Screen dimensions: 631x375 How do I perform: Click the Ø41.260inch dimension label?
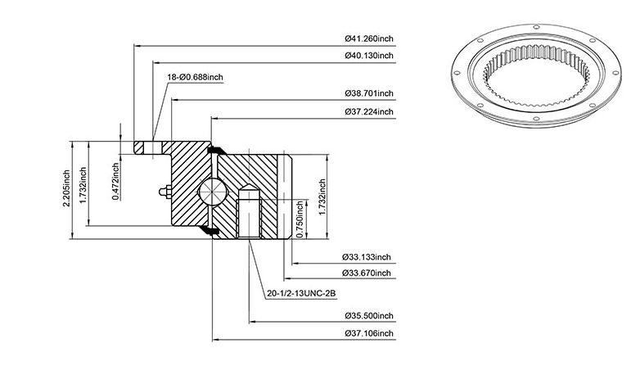[369, 38]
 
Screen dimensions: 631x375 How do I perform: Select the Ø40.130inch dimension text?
[369, 56]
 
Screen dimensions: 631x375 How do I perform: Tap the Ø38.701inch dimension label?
[369, 93]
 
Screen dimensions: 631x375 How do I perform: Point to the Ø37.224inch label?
[369, 111]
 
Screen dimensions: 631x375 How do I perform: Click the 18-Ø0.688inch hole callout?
[195, 77]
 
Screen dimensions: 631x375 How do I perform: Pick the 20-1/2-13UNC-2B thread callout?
[301, 294]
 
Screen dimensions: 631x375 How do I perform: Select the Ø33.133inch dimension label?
[367, 257]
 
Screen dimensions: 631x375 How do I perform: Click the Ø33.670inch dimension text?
[367, 273]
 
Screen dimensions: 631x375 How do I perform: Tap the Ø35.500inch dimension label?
[369, 316]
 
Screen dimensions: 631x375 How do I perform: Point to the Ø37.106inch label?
[369, 333]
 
